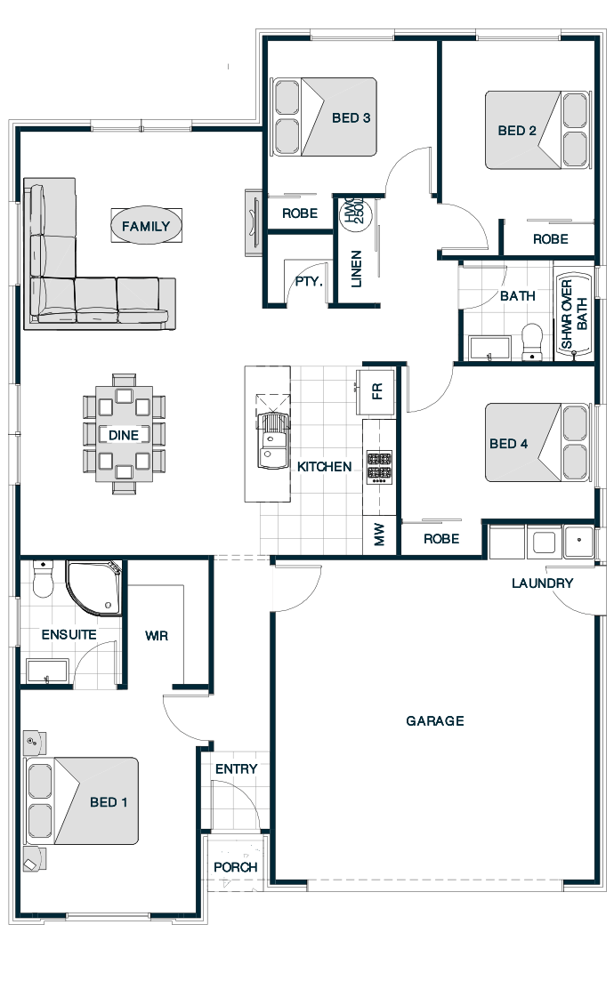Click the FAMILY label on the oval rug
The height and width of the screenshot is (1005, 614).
point(146,226)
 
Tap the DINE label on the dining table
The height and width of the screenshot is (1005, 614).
point(123,435)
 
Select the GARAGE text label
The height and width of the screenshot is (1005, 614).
point(435,721)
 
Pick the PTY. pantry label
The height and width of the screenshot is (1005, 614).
point(309,281)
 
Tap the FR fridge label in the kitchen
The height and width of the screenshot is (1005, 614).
point(377,390)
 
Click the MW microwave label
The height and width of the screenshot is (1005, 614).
point(378,534)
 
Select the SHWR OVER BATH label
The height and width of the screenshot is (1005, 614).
point(574,314)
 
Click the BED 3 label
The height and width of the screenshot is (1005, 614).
point(351,118)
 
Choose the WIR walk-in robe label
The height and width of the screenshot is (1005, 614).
point(157,636)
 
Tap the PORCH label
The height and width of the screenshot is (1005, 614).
point(236,867)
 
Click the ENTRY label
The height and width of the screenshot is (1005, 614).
point(236,769)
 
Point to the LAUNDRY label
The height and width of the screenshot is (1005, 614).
point(542,583)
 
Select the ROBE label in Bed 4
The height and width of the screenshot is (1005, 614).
point(441,539)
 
